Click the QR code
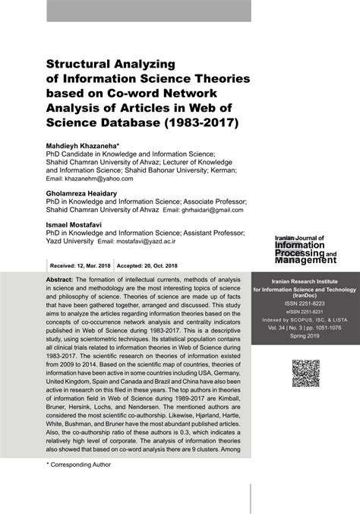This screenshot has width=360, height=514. [305, 373]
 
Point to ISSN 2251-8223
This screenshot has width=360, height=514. [305, 301]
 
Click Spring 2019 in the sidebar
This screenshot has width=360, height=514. [305, 335]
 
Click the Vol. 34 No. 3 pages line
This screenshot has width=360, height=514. [305, 327]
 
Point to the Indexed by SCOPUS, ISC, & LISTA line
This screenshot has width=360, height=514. [305, 319]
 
